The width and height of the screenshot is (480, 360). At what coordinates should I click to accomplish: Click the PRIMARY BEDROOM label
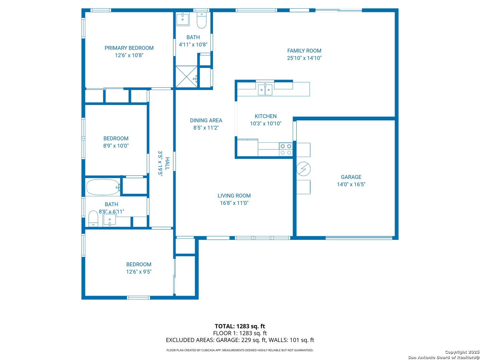pos(129,48)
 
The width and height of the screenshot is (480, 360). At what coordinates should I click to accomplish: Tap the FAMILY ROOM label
pos(304,51)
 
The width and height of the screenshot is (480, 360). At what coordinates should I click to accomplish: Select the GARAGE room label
pos(351,177)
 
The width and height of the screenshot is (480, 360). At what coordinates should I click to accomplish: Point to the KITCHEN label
pos(265,116)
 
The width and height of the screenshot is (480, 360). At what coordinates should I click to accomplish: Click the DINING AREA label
pos(206,120)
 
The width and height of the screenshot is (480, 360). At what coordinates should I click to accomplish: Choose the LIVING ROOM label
pos(234,196)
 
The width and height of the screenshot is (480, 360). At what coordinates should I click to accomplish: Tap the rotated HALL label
pos(167,163)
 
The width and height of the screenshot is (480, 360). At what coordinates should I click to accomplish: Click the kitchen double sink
pos(265,89)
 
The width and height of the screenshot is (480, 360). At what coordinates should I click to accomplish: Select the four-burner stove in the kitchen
pos(286,149)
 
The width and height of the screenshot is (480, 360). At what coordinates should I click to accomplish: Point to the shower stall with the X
pos(187,77)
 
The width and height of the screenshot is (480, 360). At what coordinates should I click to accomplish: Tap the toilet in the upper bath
pos(201,20)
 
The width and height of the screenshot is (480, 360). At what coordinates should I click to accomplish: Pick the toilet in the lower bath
pos(93,219)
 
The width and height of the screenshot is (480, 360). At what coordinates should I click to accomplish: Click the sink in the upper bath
pos(183,19)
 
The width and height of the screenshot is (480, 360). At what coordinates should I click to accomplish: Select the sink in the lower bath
pos(109,219)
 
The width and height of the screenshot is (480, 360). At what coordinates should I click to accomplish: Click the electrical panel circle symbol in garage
pos(304,169)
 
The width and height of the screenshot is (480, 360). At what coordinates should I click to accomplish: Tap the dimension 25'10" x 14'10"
pos(304,58)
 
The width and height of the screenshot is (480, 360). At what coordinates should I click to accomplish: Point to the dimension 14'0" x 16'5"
pos(351,184)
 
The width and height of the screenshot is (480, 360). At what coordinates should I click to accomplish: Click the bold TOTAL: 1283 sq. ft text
pos(240,326)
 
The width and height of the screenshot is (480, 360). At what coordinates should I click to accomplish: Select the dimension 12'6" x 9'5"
pos(139,272)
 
